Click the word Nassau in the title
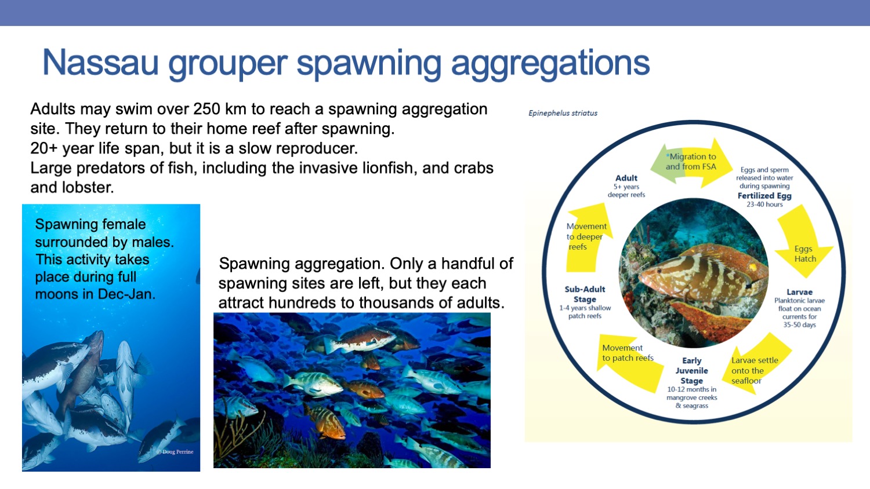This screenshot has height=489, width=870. (100, 63)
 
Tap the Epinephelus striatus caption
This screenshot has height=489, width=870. (563, 113)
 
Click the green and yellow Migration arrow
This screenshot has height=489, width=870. (691, 162)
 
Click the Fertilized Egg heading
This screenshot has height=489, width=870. (764, 196)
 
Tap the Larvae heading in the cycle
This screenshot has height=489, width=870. (799, 292)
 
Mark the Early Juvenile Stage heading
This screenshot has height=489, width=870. (692, 371)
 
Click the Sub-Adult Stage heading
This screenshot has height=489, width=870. (585, 294)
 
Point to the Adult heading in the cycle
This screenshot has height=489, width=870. (626, 178)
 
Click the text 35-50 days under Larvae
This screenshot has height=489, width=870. (799, 325)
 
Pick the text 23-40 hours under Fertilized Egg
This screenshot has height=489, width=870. (764, 205)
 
